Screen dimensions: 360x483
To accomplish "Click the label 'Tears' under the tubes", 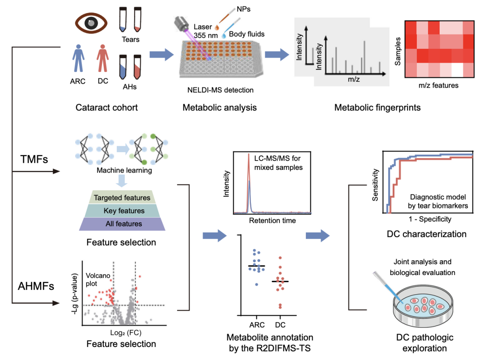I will point(131,39).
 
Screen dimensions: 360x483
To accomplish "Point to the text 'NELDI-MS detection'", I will point(220,90).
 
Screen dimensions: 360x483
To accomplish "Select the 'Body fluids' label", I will point(246,34).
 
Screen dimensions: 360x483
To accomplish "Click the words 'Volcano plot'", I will point(95,278).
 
